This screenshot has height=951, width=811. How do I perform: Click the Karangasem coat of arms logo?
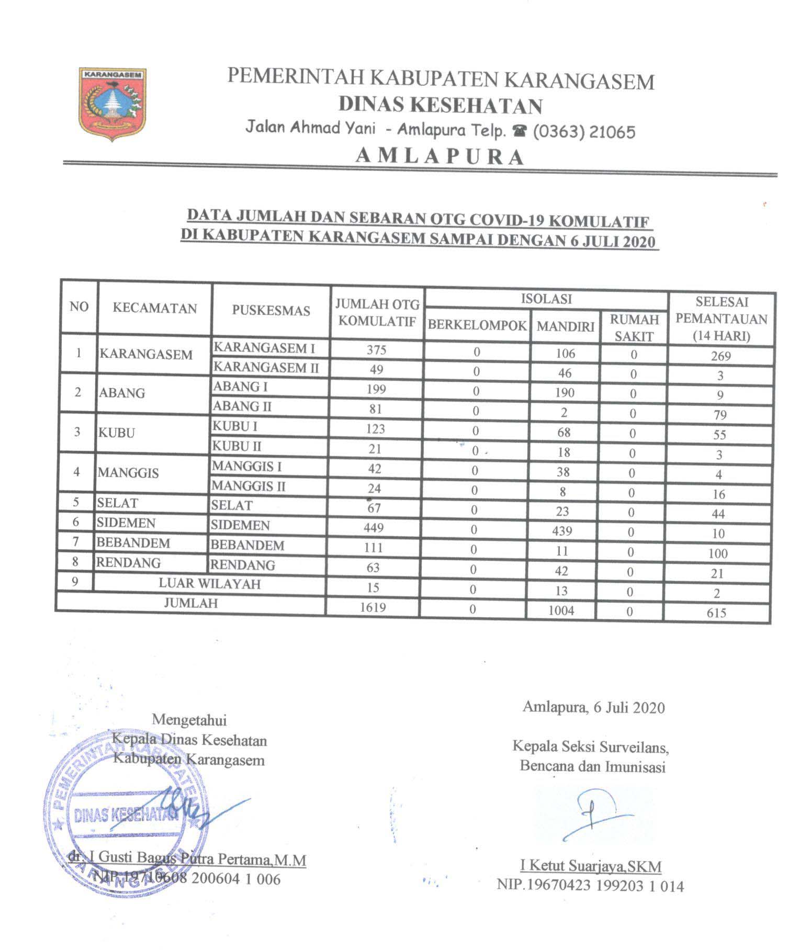(112, 104)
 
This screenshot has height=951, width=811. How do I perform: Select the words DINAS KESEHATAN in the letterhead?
(440, 106)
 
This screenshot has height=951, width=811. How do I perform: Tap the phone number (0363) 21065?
(584, 131)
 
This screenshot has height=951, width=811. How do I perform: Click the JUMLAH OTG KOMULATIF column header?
(377, 312)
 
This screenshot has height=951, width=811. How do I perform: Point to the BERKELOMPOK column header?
(477, 325)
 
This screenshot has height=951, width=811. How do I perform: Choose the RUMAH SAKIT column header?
(634, 328)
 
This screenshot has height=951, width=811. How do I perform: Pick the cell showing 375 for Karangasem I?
(376, 349)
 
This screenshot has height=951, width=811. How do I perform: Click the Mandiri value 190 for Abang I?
(565, 393)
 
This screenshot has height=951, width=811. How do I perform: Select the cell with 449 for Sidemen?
(374, 528)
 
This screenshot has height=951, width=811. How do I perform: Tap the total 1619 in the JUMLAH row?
(373, 608)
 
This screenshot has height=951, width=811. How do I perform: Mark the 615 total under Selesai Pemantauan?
(716, 613)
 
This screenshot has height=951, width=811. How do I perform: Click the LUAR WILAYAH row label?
(209, 584)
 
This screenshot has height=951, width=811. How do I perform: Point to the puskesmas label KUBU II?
(236, 446)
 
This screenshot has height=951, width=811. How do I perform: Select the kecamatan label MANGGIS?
(128, 473)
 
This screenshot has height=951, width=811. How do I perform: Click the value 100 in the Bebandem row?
(718, 553)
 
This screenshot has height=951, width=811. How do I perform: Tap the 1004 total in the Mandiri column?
(561, 610)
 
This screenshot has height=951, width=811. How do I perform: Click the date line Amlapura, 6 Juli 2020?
(593, 708)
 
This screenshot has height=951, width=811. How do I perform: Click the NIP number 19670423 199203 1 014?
(590, 886)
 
